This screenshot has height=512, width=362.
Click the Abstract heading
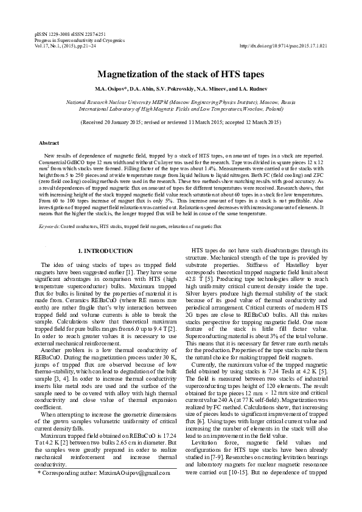49,143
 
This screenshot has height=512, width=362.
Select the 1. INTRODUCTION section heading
106,251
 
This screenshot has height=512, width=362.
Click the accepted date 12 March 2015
255,122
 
